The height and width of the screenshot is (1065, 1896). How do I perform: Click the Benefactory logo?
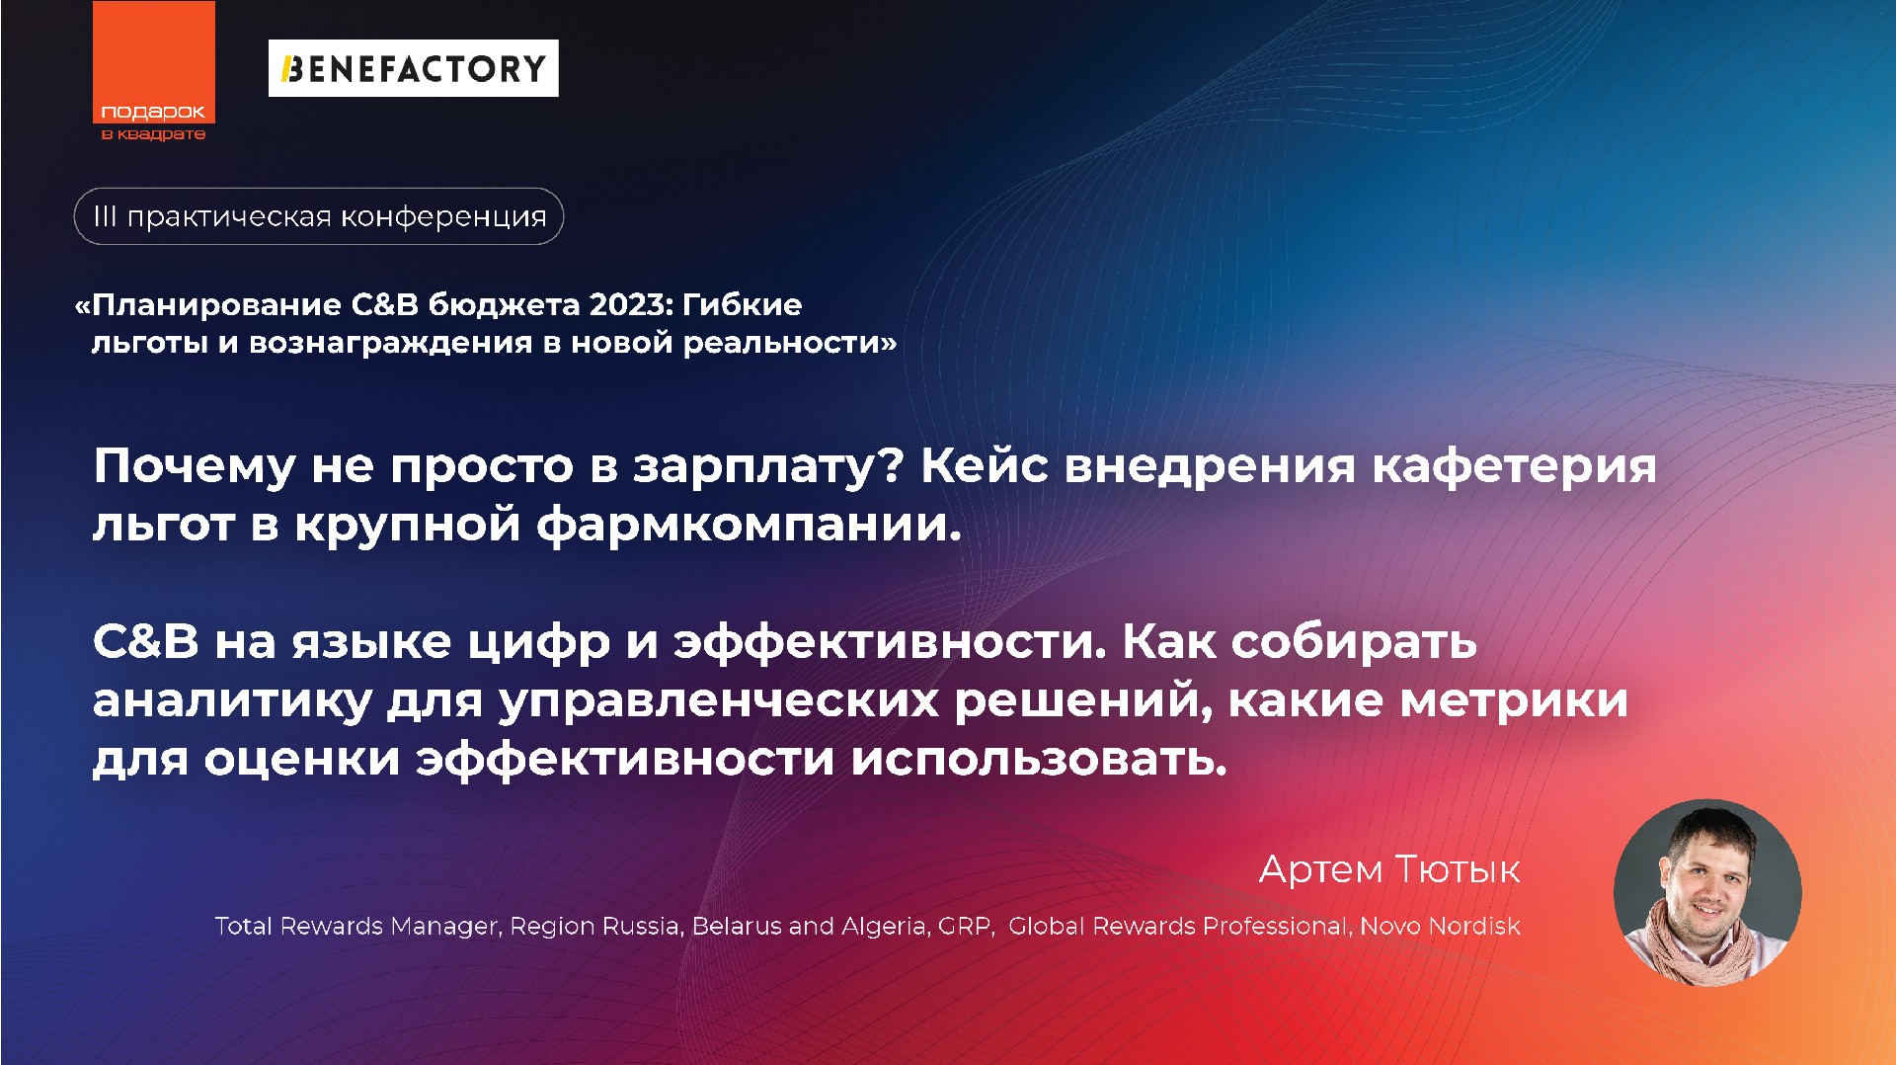pyautogui.click(x=413, y=68)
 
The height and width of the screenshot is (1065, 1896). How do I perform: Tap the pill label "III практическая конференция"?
pyautogui.click(x=318, y=216)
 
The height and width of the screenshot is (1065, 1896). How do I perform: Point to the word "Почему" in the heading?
pyautogui.click(x=194, y=466)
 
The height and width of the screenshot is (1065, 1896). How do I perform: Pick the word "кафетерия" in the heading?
pyautogui.click(x=1514, y=466)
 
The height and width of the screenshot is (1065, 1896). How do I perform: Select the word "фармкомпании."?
pyautogui.click(x=749, y=525)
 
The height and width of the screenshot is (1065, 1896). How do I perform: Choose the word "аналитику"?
pyautogui.click(x=232, y=701)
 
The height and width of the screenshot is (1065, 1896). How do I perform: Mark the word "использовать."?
pyautogui.click(x=1039, y=759)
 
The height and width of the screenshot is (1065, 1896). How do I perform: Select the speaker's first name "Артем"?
pyautogui.click(x=1320, y=869)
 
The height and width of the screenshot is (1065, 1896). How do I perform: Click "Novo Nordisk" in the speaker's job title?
pyautogui.click(x=1440, y=926)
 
